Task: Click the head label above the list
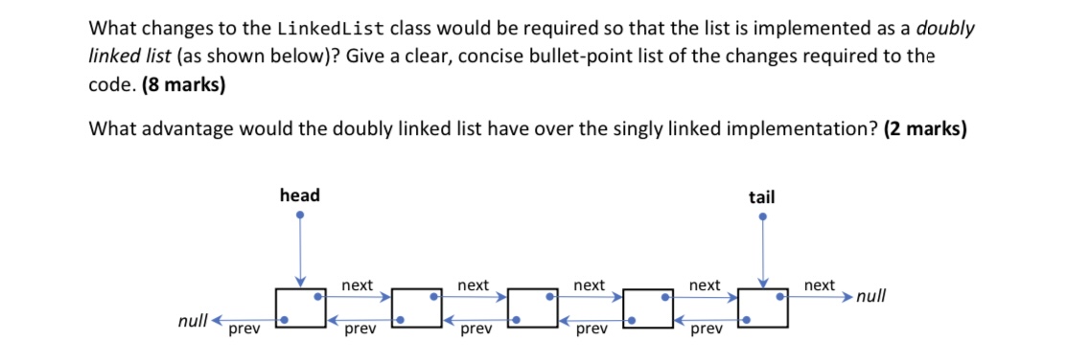click(x=300, y=195)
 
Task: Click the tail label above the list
click(x=761, y=196)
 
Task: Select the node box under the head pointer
click(x=299, y=306)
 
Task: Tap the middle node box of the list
click(x=531, y=306)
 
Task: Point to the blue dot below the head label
click(x=300, y=216)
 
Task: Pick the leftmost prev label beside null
click(x=243, y=330)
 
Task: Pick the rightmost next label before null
click(x=819, y=285)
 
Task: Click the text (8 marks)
click(x=183, y=84)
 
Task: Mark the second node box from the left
click(x=415, y=306)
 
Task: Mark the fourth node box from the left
click(x=647, y=306)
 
